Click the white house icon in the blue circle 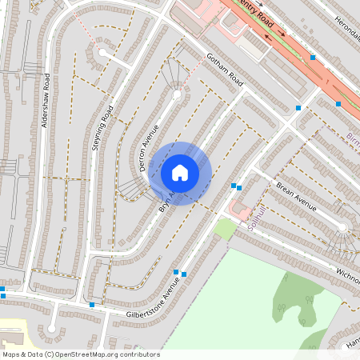tap(180, 173)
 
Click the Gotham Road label tap(224, 70)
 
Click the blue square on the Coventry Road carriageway tap(313, 58)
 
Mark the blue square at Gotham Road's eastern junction tap(298, 106)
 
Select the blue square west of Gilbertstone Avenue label tap(92, 304)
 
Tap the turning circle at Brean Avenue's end tap(342, 227)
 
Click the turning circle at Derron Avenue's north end tap(177, 94)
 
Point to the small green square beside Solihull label tap(226, 229)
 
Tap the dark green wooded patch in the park tap(292, 296)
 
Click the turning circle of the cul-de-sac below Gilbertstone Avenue tap(53, 328)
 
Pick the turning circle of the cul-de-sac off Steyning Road tap(102, 53)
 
